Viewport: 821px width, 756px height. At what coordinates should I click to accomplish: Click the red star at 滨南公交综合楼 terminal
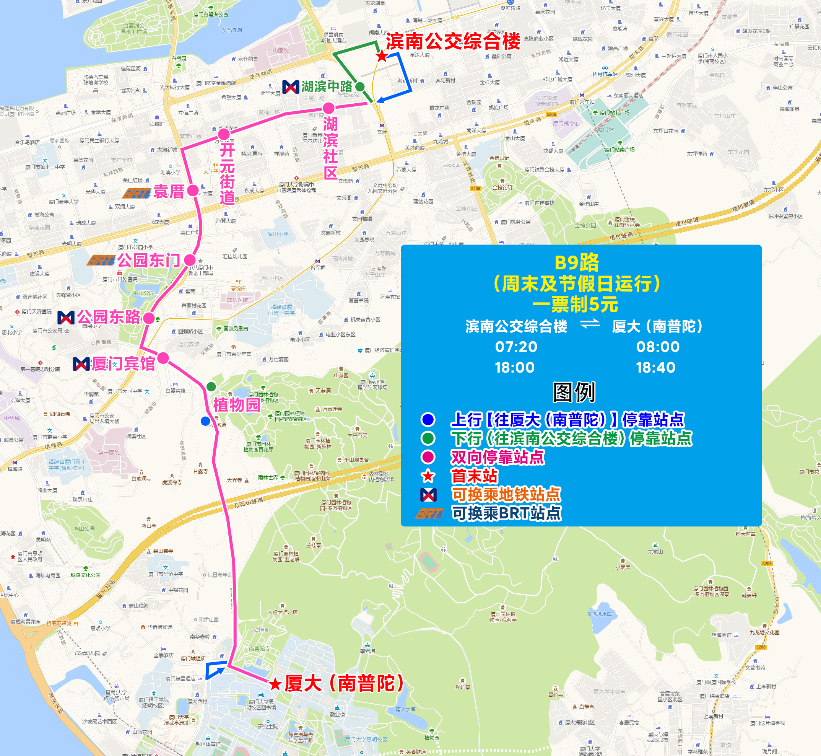382,56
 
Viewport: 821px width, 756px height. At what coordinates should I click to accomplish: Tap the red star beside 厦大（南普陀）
275,684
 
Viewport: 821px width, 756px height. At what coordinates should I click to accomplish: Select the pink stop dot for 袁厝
193,190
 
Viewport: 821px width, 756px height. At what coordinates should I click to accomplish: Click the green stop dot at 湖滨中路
360,87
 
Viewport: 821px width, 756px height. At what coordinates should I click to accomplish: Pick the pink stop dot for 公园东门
190,260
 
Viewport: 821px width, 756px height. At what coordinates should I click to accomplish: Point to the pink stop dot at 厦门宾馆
163,358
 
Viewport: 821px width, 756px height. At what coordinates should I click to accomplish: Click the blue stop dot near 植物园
205,421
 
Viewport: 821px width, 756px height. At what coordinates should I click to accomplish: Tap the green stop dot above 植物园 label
211,386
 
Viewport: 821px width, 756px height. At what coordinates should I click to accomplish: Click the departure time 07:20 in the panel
516,347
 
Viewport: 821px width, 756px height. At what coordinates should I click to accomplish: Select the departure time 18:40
655,367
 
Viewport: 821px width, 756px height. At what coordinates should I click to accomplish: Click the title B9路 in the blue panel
577,263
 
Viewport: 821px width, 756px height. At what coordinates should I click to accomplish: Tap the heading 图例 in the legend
574,392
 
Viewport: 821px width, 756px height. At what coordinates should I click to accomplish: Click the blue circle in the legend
428,419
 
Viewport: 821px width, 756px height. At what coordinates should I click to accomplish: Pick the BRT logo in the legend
429,513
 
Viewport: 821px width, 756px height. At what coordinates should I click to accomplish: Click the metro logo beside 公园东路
66,318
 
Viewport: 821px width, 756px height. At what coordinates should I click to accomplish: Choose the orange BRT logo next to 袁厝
136,192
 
